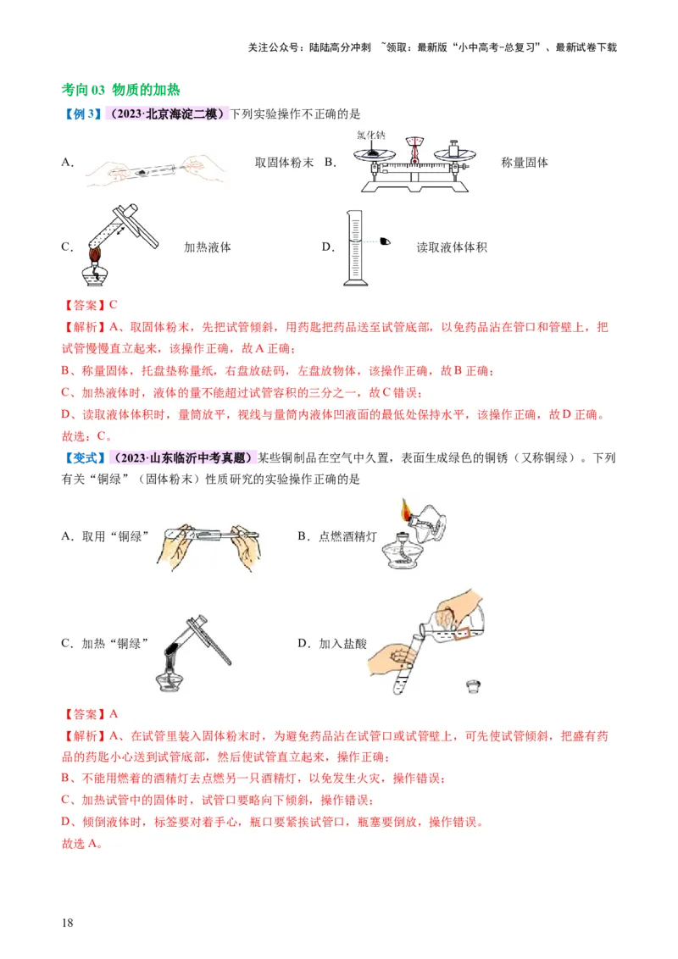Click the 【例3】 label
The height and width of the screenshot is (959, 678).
click(83, 114)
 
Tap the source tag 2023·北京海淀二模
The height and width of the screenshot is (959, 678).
click(169, 114)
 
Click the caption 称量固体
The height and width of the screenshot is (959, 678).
click(525, 162)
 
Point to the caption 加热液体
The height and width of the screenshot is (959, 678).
click(208, 247)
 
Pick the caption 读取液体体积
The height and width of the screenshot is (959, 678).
click(452, 247)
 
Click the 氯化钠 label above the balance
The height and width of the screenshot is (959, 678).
click(371, 135)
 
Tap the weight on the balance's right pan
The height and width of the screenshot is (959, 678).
click(453, 147)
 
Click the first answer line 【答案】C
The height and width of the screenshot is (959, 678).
click(89, 305)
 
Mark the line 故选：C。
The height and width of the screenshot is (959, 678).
click(87, 436)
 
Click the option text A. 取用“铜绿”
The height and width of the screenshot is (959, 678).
click(105, 536)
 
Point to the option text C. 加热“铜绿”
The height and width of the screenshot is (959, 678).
click(105, 644)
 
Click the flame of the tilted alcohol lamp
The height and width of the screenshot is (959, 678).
click(406, 512)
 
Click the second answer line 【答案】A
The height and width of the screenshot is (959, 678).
click(89, 714)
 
